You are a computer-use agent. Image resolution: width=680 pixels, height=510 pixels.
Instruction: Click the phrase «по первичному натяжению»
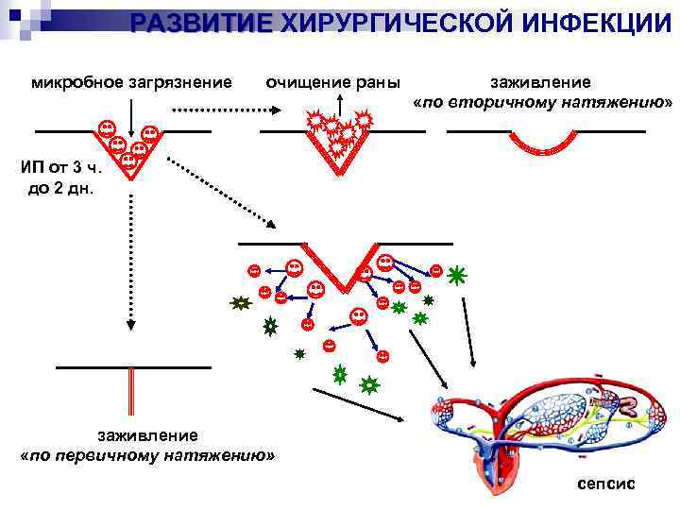tap(147, 454)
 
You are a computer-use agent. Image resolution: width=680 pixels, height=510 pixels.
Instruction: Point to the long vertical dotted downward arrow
tap(131, 255)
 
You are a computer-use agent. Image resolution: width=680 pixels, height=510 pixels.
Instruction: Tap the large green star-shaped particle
tap(457, 276)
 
